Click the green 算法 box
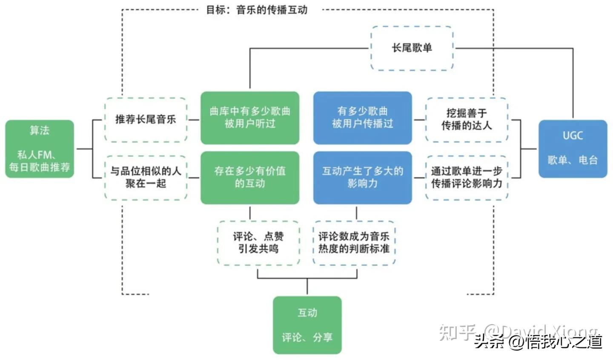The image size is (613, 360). tap(40, 149)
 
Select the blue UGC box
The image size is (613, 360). tap(573, 149)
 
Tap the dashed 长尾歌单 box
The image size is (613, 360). tap(412, 48)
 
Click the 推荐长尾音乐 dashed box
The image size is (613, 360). tap(146, 120)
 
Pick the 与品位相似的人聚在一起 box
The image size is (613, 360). tap(146, 177)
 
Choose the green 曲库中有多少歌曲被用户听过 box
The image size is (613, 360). tap(250, 118)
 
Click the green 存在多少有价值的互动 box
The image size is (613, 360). tap(250, 177)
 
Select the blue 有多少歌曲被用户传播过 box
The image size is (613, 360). tap(362, 118)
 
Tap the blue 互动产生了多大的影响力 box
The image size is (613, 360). tap(362, 177)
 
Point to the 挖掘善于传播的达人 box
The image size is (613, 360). tap(467, 119)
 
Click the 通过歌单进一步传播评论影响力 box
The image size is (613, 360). tap(467, 177)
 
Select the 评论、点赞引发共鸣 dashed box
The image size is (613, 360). tap(258, 243)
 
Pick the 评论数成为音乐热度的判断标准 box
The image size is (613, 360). tap(354, 243)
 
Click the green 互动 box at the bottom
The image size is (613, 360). tap(307, 325)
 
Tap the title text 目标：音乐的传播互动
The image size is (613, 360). tap(256, 10)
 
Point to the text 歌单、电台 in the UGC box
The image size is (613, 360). tap(573, 160)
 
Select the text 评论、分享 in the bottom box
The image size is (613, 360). tap(307, 337)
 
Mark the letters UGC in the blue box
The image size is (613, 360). tap(573, 136)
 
